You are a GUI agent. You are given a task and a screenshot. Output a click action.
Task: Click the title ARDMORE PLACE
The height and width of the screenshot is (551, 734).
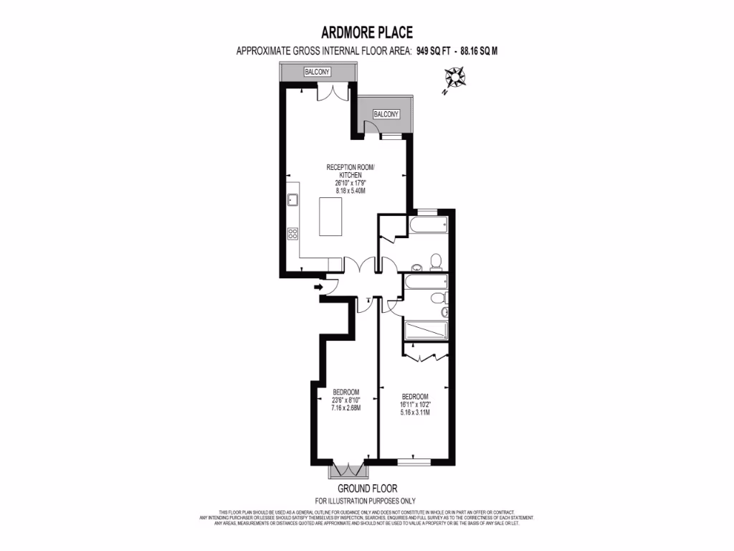[x=366, y=33]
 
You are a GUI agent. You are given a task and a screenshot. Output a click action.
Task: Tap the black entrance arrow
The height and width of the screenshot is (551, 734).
[x=318, y=286]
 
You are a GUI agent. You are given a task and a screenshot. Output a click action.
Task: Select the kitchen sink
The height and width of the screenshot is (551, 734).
[x=292, y=200]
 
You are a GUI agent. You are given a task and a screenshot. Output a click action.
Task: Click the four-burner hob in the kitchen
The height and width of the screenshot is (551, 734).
[x=292, y=233]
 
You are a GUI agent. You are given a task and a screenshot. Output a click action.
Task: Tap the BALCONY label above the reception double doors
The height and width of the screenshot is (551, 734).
[x=317, y=72]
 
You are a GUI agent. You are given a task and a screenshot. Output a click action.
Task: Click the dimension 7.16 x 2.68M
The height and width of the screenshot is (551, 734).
[x=345, y=408]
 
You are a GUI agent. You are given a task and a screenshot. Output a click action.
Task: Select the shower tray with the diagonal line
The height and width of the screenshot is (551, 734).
[x=426, y=331]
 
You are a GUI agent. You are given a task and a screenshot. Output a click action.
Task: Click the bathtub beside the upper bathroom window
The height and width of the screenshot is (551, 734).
[x=428, y=226]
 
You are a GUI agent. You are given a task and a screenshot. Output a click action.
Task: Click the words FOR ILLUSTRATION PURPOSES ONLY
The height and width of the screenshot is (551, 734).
[x=366, y=501]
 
